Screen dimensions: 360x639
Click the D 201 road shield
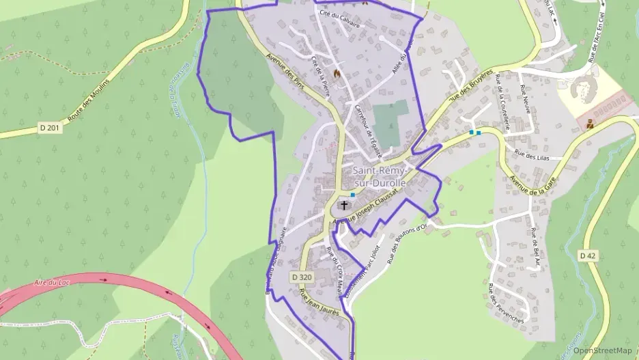[51, 128]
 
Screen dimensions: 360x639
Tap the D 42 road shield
[588, 255]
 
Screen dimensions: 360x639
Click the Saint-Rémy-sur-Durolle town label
[379, 176]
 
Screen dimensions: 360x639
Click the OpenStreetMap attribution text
[603, 350]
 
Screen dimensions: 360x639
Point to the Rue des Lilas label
[532, 156]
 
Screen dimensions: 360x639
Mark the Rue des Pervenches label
[506, 303]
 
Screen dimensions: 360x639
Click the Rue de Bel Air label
[535, 251]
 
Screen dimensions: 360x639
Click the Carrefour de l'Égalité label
[364, 126]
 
